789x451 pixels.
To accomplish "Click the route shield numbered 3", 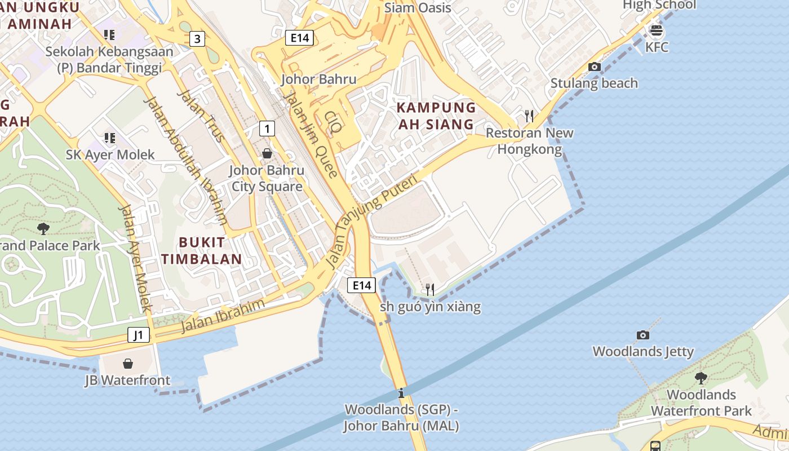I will coord(197,39).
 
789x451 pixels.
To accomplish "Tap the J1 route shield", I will coord(139,335).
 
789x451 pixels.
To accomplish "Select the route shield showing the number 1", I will coord(267,129).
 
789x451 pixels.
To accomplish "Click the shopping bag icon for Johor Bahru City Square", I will coord(267,153).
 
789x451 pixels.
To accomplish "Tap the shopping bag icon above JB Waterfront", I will coord(128,364).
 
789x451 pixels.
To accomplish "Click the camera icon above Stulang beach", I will coord(594,67).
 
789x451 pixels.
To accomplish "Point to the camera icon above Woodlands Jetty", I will coord(642,335).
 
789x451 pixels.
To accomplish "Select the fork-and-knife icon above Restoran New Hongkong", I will coord(529,116).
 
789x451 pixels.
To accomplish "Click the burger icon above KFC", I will coord(656,30).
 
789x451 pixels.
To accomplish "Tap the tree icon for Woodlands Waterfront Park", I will coord(701,378).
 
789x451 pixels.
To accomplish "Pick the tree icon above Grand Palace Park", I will coord(43,228).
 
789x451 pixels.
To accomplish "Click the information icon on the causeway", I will coord(401,393).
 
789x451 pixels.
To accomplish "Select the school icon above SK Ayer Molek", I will coord(109,138).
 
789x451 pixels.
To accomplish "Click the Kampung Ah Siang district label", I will coord(436,116).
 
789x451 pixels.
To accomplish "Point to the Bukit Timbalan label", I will coord(210,251).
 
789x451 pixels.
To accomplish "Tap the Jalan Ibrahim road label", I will coord(223,316).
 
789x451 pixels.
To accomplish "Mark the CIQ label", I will coord(333,121).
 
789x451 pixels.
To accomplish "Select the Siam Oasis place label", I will coord(417,8).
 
